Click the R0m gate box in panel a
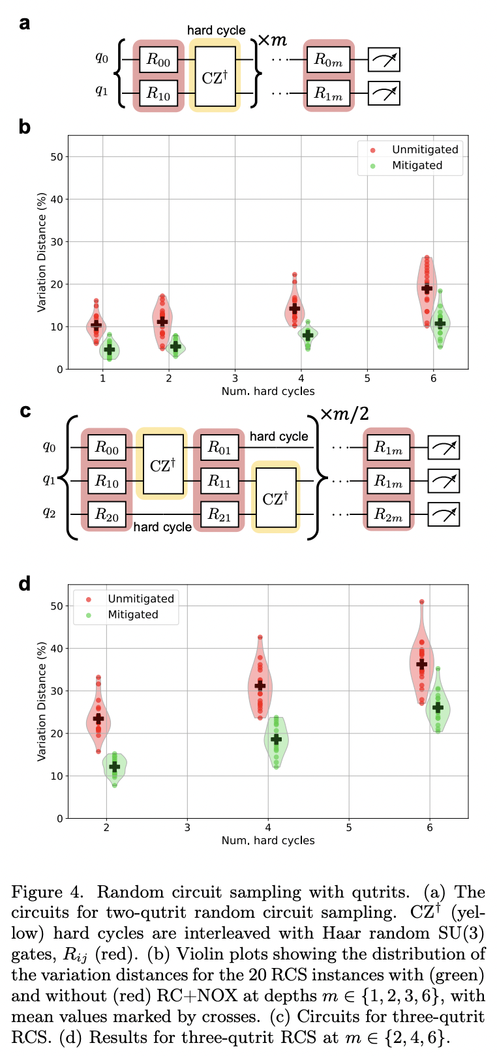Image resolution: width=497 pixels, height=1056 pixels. point(329,60)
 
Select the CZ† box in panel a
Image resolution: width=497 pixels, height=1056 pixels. point(215,77)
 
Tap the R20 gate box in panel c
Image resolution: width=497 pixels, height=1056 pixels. point(107,514)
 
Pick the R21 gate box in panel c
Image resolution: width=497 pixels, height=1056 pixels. point(219,514)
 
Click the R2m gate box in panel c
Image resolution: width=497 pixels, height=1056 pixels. point(388,514)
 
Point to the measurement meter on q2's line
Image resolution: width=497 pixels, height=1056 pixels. point(444,514)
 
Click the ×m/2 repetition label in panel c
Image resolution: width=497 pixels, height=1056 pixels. point(343,414)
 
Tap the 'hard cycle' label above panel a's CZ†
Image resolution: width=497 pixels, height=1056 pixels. point(217,30)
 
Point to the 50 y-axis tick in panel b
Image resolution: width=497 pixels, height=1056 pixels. point(57,157)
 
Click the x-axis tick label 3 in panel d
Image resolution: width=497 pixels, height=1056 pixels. point(187,827)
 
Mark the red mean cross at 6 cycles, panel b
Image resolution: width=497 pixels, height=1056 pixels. point(427,288)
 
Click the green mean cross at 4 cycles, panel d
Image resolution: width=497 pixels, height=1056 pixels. point(276,739)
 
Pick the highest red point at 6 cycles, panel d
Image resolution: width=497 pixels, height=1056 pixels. point(421,602)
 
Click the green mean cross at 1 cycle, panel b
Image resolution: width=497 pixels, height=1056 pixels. point(110,350)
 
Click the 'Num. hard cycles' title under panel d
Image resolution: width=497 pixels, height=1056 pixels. point(268,841)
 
